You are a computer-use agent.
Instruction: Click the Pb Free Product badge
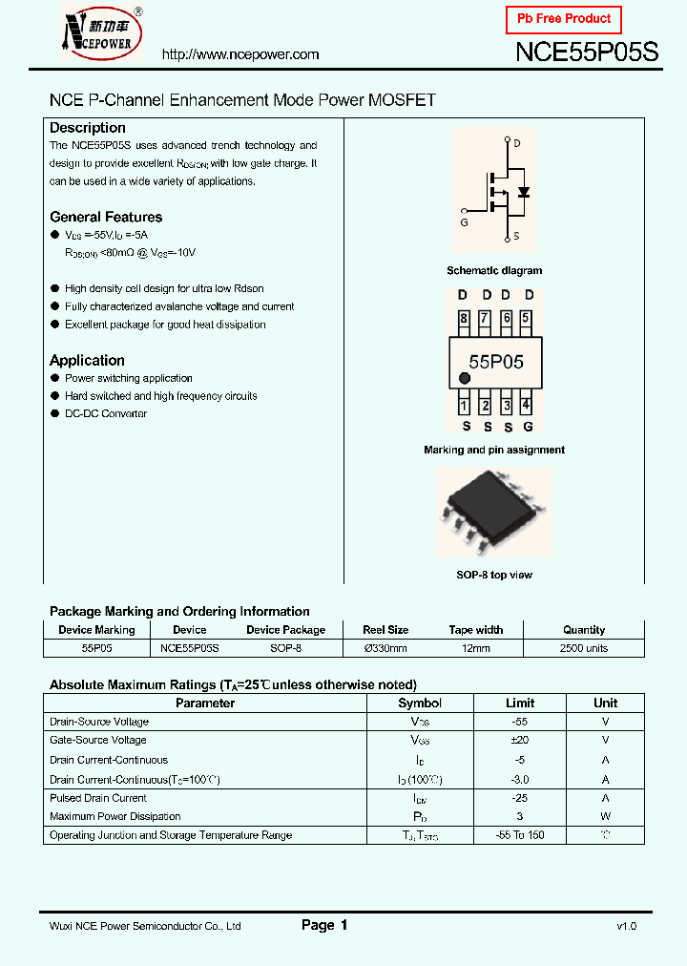(563, 19)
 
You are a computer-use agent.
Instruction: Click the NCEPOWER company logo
(102, 33)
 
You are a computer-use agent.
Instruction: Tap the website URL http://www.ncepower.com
(240, 54)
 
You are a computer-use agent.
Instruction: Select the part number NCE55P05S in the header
(586, 52)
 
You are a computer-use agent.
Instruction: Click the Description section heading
(88, 128)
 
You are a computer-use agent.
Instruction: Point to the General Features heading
(106, 217)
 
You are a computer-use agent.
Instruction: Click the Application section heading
(87, 360)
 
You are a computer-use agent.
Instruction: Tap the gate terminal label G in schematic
(464, 221)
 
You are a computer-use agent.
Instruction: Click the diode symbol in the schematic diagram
(522, 191)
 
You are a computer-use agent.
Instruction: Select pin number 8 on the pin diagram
(464, 319)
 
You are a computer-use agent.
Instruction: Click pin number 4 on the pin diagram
(526, 406)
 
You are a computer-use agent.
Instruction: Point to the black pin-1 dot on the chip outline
(465, 379)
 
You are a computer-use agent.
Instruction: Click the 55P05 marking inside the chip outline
(495, 362)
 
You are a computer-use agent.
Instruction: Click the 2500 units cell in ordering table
(583, 648)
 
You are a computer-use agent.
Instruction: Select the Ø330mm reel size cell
(385, 648)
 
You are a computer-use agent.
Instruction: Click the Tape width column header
(475, 630)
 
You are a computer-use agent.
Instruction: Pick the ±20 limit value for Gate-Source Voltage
(519, 740)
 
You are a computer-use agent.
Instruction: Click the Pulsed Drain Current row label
(98, 798)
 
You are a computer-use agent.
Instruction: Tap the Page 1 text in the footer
(324, 925)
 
